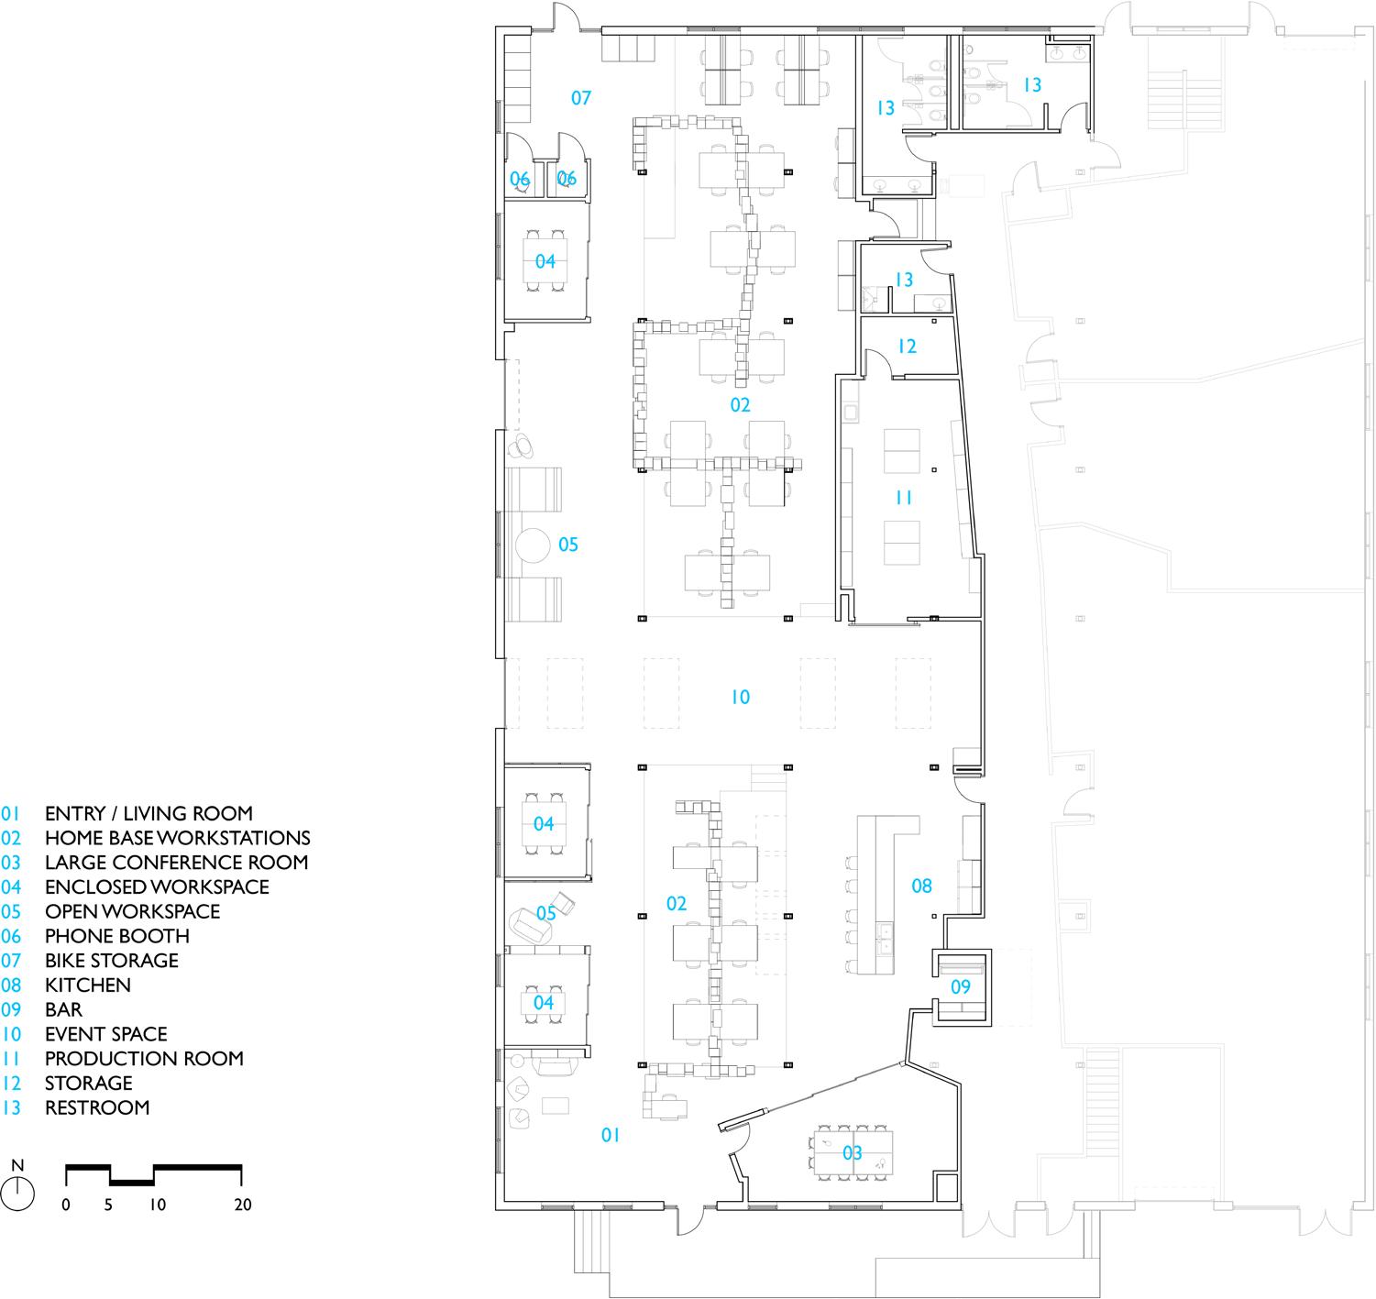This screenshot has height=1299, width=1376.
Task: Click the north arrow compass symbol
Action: point(17,1193)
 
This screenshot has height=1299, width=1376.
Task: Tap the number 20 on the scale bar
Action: point(242,1205)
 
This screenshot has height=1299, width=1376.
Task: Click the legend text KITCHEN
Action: point(88,985)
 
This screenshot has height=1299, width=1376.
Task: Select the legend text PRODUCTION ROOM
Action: point(144,1058)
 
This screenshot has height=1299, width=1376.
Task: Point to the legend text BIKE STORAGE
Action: point(112,960)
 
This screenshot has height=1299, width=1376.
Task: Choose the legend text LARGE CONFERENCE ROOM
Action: point(176,862)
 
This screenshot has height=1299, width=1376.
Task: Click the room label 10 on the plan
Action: point(740,698)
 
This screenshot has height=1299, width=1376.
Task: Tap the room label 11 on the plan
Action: point(904,498)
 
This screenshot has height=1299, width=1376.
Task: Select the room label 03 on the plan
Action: point(853,1152)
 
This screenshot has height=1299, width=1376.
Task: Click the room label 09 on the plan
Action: point(960,987)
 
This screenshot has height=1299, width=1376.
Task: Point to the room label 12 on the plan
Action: point(907,347)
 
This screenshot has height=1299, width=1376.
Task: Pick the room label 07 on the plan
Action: point(581,97)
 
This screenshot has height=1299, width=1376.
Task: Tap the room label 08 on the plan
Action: point(921,886)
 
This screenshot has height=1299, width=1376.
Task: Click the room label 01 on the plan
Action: point(611,1135)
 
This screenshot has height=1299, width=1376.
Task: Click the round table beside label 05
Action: point(532,545)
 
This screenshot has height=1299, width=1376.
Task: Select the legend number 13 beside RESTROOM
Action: point(11,1107)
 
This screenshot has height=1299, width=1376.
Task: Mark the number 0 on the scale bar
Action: point(66,1205)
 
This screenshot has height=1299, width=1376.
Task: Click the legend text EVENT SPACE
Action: point(105,1034)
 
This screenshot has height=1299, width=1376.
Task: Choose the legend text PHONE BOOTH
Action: point(117,936)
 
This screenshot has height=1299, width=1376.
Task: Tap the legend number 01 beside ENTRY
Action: point(11,813)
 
